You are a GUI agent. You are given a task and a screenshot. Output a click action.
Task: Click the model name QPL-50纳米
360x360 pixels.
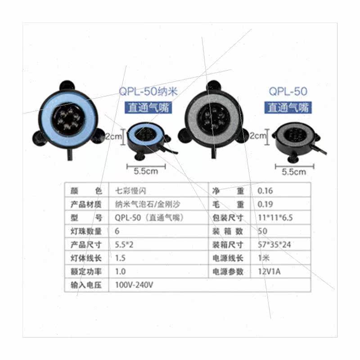tap(148, 92)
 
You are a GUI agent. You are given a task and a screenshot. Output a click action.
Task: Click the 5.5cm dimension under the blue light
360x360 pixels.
tap(146, 171)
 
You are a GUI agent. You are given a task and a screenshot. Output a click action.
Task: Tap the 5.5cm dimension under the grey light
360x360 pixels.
tap(293, 171)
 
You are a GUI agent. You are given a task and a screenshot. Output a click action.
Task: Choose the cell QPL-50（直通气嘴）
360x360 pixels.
tap(150, 218)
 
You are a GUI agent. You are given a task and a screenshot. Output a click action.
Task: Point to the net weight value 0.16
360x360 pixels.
tap(265, 191)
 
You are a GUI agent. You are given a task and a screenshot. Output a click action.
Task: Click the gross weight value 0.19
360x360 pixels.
tap(265, 204)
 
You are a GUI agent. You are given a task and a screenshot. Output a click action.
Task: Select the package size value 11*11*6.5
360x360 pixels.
tap(274, 218)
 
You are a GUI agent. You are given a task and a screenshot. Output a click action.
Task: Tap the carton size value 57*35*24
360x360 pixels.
tap(274, 245)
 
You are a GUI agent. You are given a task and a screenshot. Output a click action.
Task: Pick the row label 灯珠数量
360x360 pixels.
tap(86, 231)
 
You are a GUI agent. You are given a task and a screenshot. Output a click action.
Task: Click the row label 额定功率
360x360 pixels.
tap(86, 272)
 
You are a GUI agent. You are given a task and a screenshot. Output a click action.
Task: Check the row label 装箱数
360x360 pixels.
tap(228, 231)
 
